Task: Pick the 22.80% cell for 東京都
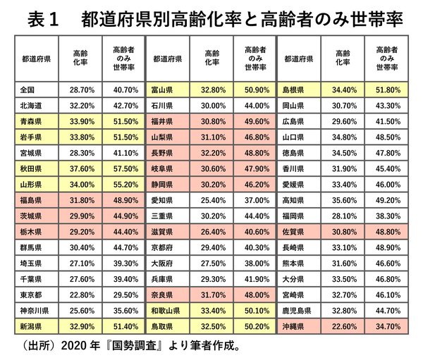click(78, 294)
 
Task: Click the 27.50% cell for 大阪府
click(211, 263)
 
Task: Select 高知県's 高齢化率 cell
click(342, 200)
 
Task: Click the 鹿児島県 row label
click(295, 310)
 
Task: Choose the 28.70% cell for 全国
click(78, 90)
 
